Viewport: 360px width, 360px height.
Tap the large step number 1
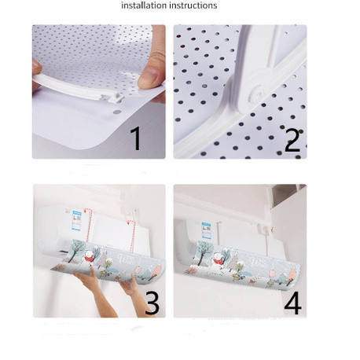coord(136,138)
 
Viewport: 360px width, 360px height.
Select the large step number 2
coord(292,140)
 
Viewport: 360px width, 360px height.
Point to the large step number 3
coord(152,303)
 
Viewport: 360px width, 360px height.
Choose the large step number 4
coord(292,303)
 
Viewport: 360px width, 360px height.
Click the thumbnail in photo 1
coord(149,75)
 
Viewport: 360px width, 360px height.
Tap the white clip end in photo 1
coord(112,97)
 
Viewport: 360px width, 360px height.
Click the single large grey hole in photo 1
coord(117,112)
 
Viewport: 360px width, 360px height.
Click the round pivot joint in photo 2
coord(255,94)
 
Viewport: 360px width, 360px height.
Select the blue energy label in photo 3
coord(76,222)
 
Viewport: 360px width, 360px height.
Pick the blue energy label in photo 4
coord(207,230)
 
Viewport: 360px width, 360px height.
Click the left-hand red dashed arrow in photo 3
coord(88,225)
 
